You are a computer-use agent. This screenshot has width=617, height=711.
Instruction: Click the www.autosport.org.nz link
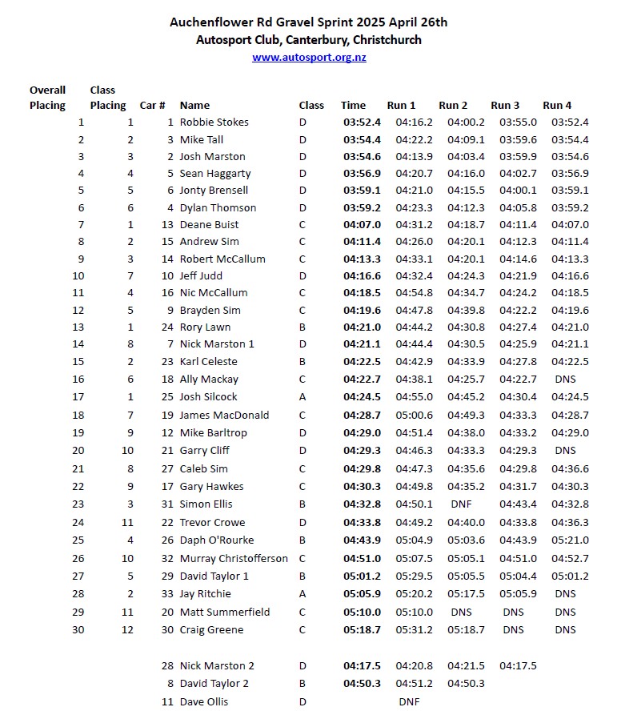[309, 58]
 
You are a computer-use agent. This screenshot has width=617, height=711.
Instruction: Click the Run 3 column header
[505, 105]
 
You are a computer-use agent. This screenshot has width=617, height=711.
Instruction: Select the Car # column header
[152, 105]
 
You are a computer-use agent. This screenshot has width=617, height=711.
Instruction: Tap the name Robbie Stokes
[214, 123]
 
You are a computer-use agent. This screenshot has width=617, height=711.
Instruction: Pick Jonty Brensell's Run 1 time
[414, 191]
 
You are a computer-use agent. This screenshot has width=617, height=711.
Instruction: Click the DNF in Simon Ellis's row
[462, 504]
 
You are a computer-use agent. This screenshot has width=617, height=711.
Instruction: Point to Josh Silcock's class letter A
[302, 397]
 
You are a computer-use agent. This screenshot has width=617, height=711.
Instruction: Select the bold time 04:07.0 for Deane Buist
[362, 225]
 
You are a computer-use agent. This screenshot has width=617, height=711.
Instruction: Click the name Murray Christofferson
[234, 559]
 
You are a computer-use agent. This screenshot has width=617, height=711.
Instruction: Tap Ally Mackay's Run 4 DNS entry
[565, 380]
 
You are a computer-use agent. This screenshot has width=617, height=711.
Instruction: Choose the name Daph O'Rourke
[216, 540]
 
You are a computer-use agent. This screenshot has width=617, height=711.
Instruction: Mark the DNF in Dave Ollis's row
[410, 702]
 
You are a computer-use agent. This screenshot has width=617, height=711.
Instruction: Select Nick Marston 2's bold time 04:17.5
[362, 666]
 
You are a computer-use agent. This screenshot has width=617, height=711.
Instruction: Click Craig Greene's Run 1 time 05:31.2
[414, 630]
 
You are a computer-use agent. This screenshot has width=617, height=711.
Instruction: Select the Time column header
[353, 105]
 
